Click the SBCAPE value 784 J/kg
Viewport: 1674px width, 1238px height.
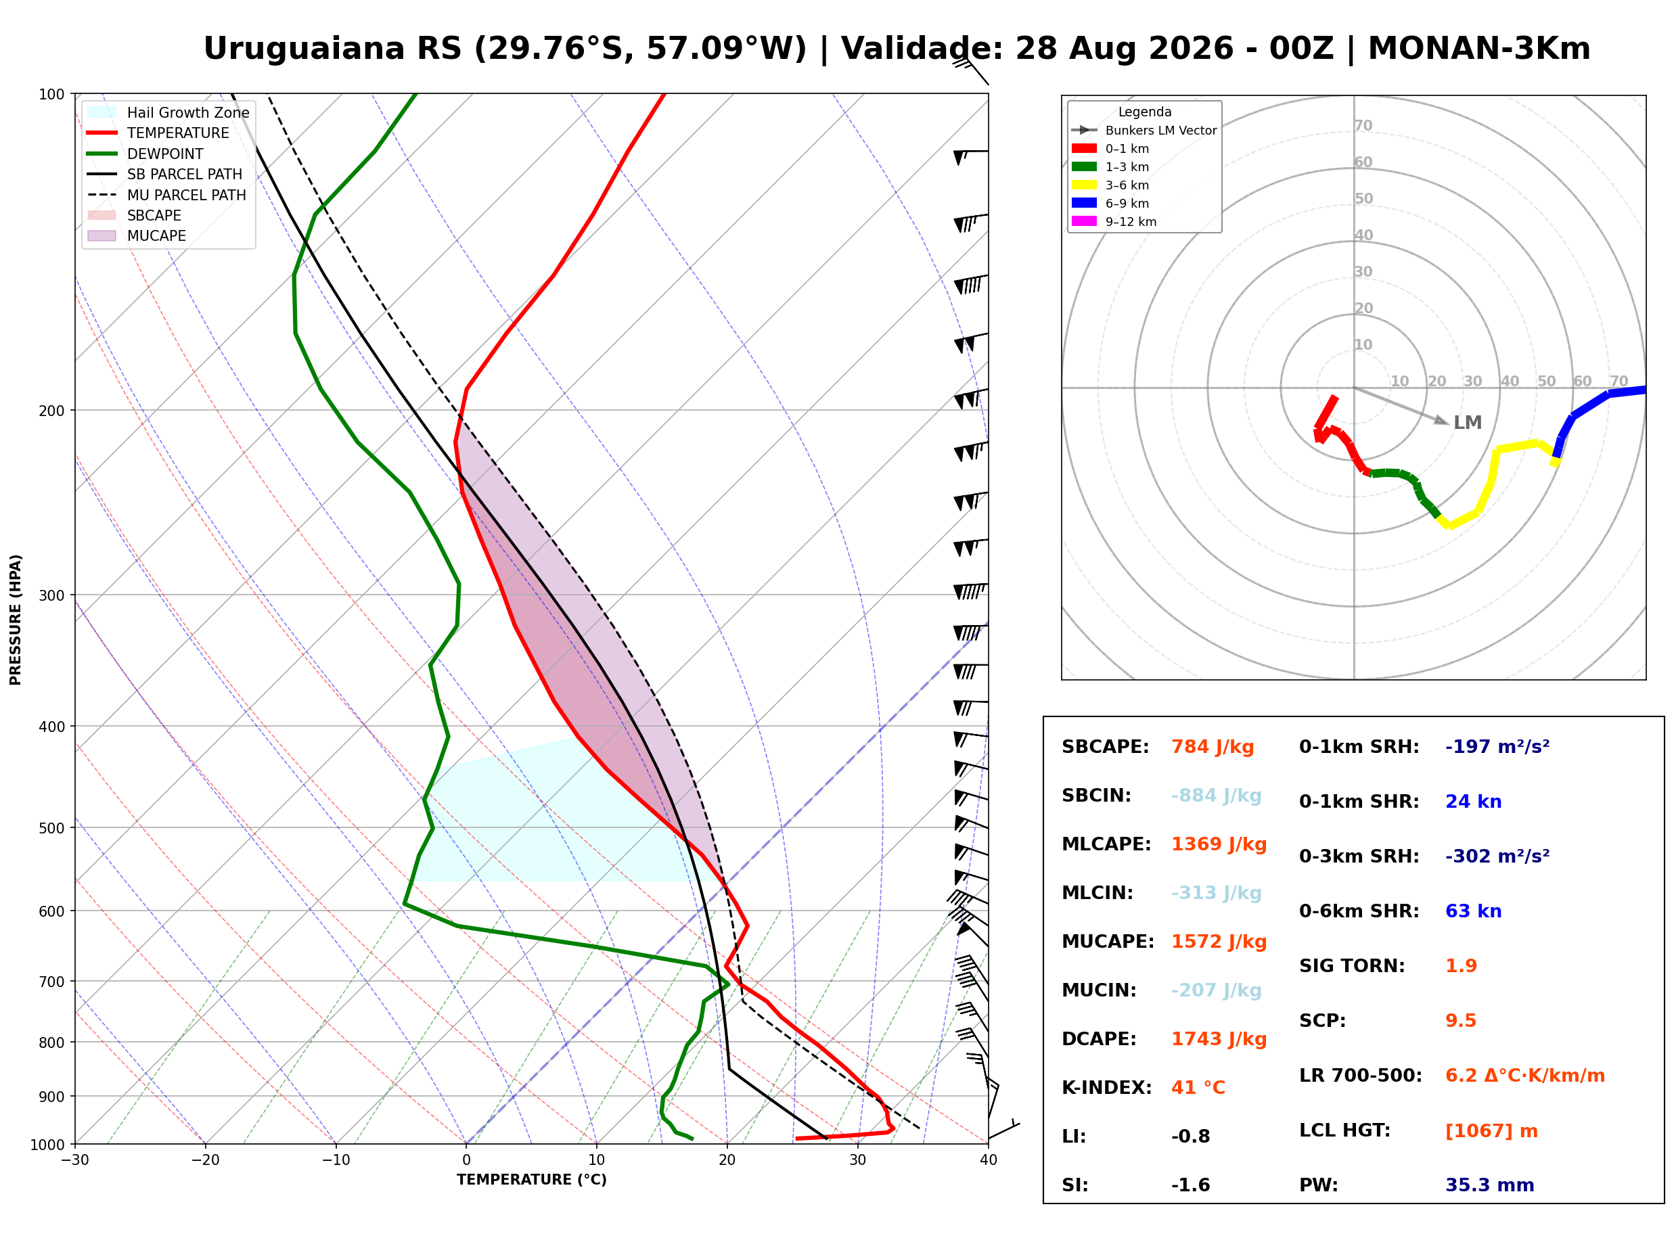(1213, 747)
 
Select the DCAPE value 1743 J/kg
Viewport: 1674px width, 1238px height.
(1219, 1039)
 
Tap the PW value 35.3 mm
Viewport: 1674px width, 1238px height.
(1490, 1185)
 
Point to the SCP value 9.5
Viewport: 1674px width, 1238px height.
(1460, 1021)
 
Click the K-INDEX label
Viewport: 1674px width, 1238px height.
(1107, 1088)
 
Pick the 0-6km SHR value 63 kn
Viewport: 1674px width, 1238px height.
(1473, 911)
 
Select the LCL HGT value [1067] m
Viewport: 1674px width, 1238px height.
(1491, 1131)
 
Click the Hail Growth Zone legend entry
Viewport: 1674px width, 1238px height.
(169, 112)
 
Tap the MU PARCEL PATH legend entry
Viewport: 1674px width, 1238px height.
(167, 195)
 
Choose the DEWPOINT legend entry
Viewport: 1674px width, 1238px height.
(146, 154)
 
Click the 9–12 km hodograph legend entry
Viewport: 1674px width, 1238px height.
(1114, 222)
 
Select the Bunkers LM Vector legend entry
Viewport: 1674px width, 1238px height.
(1144, 131)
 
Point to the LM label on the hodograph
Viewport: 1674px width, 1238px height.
(1467, 423)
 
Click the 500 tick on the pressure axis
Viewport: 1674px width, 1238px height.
(51, 828)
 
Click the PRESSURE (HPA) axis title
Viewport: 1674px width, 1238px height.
(16, 620)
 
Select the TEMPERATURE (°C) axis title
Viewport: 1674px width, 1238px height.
(532, 1180)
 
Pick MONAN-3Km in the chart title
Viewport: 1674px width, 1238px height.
(1479, 49)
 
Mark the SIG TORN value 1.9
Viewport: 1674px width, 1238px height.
(1461, 966)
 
